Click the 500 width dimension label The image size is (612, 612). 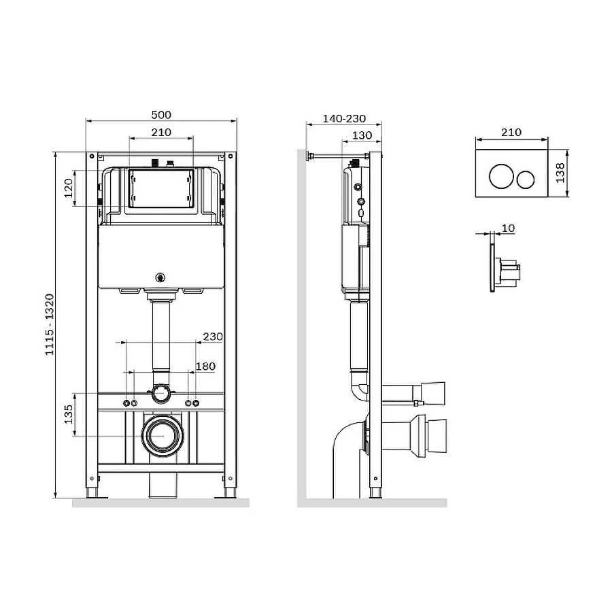[x=161, y=115]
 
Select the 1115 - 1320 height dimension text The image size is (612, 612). [x=50, y=325]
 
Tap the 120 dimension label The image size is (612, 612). [x=68, y=188]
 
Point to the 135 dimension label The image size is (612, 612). [x=68, y=415]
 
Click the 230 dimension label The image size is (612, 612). [x=213, y=337]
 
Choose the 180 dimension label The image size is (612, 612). [x=205, y=367]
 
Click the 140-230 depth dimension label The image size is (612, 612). [x=344, y=118]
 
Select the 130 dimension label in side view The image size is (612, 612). [x=362, y=135]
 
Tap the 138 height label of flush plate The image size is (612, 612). [x=560, y=173]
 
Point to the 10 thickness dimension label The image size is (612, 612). [x=508, y=228]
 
